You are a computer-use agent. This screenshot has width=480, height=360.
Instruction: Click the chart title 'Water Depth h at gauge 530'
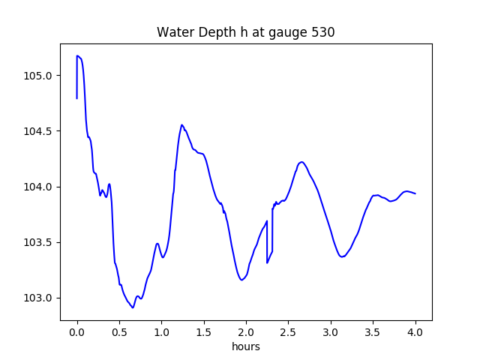click(245, 32)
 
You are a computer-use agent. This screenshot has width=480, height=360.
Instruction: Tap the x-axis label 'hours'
click(246, 347)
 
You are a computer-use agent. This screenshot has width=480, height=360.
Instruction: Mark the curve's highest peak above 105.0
click(77, 55)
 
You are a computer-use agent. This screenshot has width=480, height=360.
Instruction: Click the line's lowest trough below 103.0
click(133, 307)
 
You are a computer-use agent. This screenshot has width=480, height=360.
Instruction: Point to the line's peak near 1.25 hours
click(181, 125)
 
